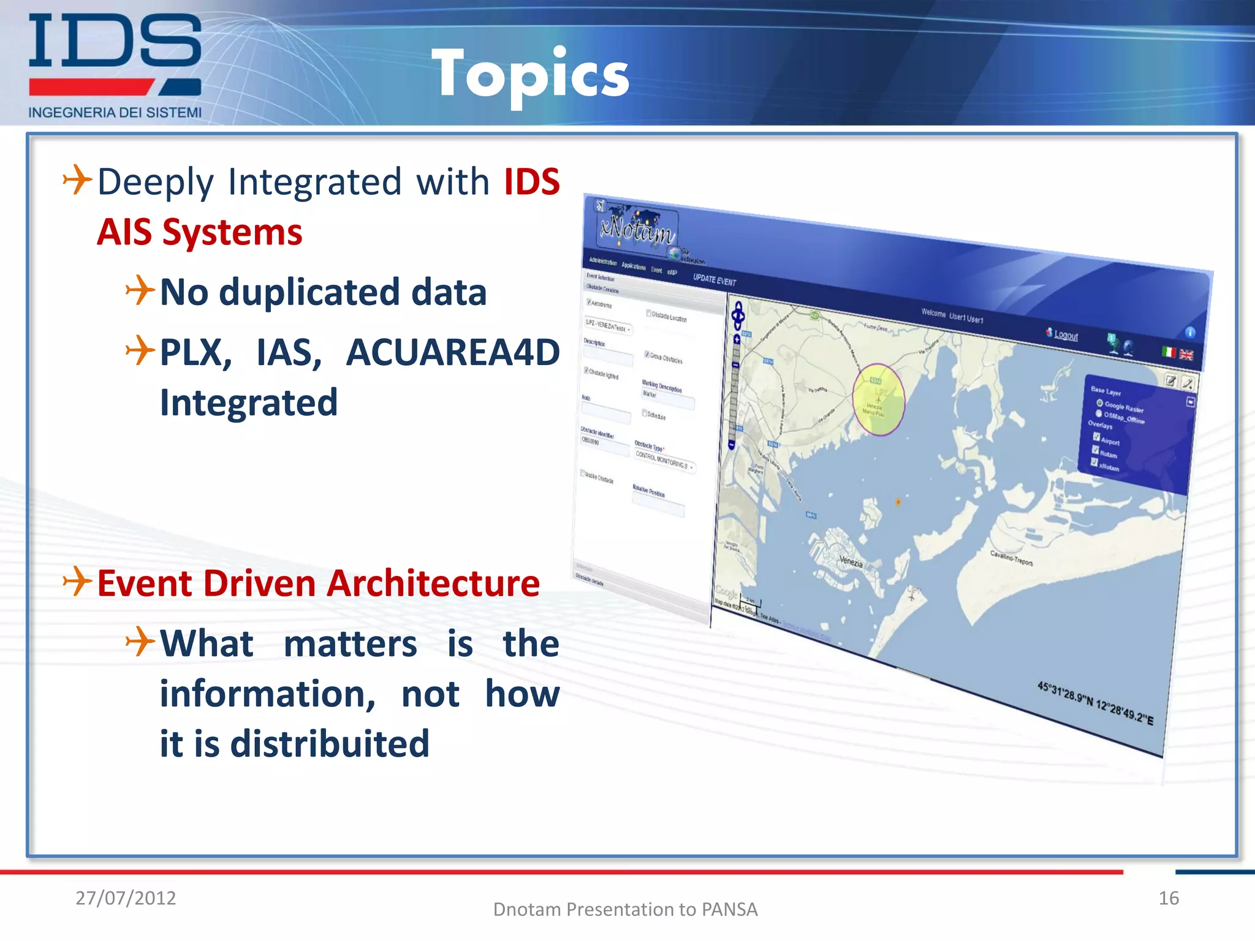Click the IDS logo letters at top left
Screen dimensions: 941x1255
pyautogui.click(x=115, y=41)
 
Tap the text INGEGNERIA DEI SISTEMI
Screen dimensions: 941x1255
pyautogui.click(x=115, y=113)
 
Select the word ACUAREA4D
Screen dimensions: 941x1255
pyautogui.click(x=452, y=353)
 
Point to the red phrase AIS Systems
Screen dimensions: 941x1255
pyautogui.click(x=199, y=232)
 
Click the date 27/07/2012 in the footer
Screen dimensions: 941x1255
pyautogui.click(x=126, y=898)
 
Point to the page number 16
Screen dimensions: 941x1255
pyautogui.click(x=1168, y=898)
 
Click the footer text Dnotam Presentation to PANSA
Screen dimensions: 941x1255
pyautogui.click(x=625, y=909)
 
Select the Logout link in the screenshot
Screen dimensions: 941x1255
pyautogui.click(x=1066, y=335)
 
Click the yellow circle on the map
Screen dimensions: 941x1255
pyautogui.click(x=879, y=399)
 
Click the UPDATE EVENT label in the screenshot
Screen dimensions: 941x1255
pyautogui.click(x=714, y=280)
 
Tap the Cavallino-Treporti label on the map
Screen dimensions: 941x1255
pyautogui.click(x=1012, y=557)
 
